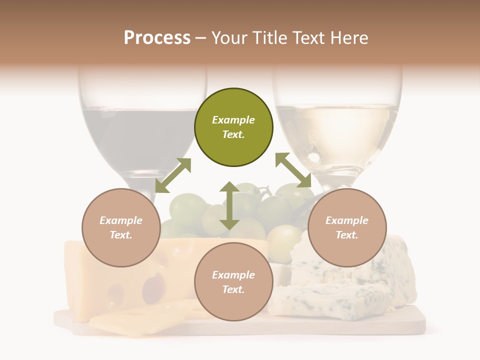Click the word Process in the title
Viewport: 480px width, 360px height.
[157, 38]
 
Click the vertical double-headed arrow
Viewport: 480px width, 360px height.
[229, 205]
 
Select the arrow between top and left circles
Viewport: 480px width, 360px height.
[173, 175]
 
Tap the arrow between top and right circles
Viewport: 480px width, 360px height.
[293, 170]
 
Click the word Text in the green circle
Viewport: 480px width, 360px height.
[233, 134]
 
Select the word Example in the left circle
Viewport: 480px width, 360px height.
[121, 220]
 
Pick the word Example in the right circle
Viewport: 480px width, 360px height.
[347, 220]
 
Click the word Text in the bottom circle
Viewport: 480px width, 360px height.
[233, 289]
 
